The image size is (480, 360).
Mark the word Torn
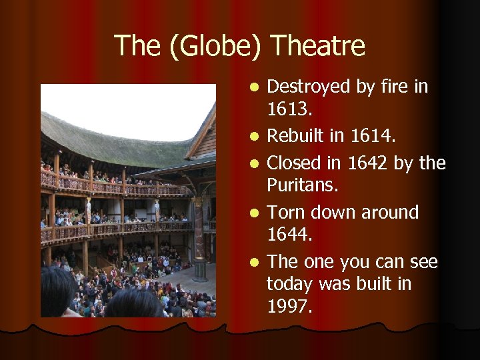(285, 213)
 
